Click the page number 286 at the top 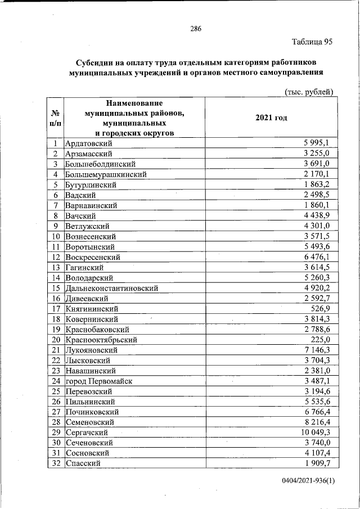click(x=195, y=29)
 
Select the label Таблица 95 click(x=312, y=42)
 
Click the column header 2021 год click(x=271, y=118)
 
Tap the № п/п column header click(x=56, y=118)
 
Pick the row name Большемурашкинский click(x=106, y=174)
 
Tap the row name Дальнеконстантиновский click(x=111, y=288)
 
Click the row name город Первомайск click(x=98, y=381)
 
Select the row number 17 click(x=56, y=308)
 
